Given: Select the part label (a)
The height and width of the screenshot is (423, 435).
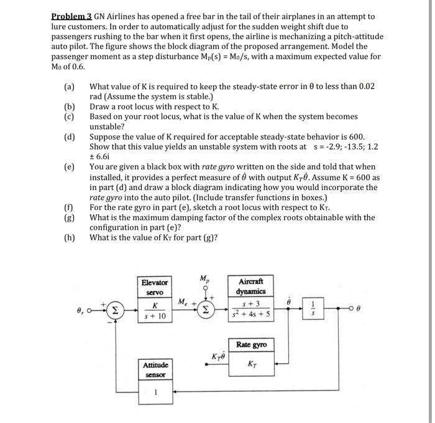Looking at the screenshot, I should [x=68, y=88].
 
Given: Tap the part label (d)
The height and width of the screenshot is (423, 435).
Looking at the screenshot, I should [x=68, y=137].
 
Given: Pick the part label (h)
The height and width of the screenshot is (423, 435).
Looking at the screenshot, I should [x=68, y=237].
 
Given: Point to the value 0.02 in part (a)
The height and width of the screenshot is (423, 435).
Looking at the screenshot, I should [x=365, y=88].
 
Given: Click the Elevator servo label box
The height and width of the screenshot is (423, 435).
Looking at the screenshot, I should [x=155, y=286].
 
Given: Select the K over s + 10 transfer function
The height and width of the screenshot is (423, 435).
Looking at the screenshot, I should [x=155, y=311].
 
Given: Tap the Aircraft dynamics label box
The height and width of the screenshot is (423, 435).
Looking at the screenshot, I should [x=251, y=286].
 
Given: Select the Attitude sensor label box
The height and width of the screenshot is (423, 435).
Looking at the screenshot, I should [x=155, y=370].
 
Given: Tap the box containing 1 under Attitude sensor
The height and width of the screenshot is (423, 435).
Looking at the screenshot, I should [x=155, y=392].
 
